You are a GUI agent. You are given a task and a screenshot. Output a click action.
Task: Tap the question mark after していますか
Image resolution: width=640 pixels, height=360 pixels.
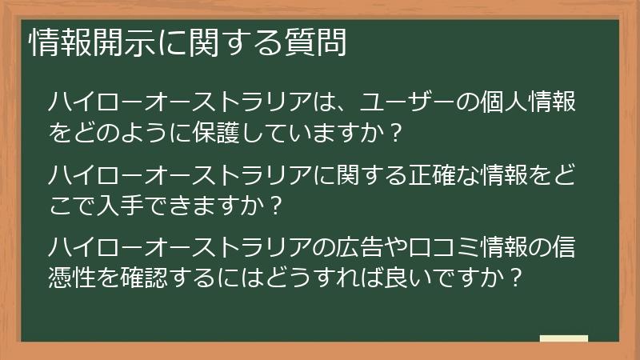(393, 132)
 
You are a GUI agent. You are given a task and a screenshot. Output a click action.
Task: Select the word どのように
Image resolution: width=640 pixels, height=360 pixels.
(121, 132)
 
